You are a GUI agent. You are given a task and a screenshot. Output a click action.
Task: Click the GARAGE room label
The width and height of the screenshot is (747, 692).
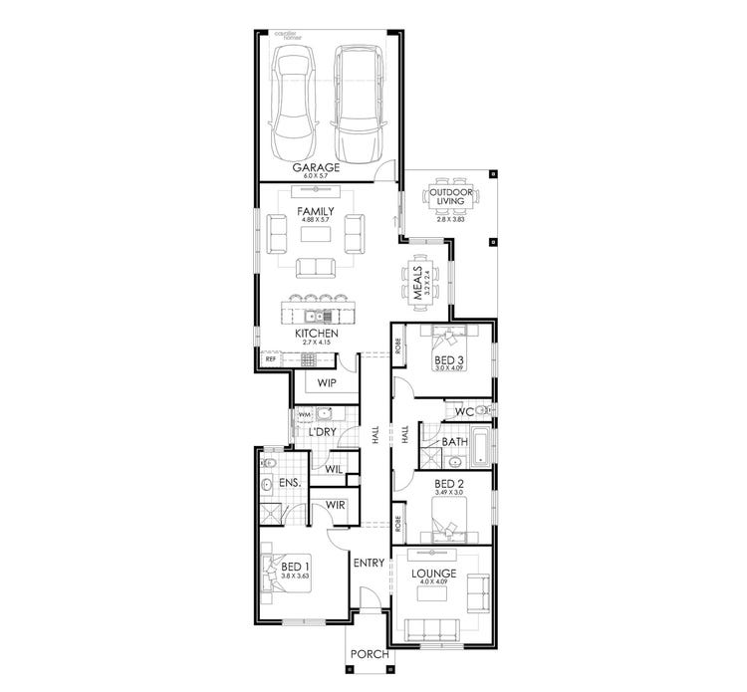point(316,167)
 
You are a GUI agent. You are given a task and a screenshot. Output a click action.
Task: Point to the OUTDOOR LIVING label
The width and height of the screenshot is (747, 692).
point(450,195)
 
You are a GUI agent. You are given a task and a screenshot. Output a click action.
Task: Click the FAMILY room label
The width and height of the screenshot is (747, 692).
point(316,212)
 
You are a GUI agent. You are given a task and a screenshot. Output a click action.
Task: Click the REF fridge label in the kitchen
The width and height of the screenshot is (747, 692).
point(270,358)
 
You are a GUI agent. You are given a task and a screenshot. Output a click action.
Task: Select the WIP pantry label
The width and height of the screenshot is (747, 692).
point(326,382)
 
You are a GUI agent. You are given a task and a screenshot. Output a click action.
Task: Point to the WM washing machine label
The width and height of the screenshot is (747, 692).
point(304,413)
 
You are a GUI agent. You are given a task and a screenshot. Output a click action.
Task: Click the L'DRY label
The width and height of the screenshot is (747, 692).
point(321,433)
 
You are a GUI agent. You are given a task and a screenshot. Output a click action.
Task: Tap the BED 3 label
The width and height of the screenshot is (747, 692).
point(449,358)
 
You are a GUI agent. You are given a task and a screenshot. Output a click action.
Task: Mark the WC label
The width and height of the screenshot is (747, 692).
point(463,411)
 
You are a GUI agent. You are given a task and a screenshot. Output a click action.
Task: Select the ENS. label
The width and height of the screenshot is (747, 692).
point(290,483)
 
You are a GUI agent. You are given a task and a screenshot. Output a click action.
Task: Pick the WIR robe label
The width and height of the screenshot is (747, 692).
point(336,505)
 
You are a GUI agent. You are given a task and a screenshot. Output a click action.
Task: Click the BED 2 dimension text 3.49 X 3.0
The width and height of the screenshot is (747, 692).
point(449,493)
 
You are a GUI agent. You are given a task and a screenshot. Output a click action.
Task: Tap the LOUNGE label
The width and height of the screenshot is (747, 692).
point(433,574)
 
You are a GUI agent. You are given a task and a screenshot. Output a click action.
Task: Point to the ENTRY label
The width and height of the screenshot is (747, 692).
point(368,564)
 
